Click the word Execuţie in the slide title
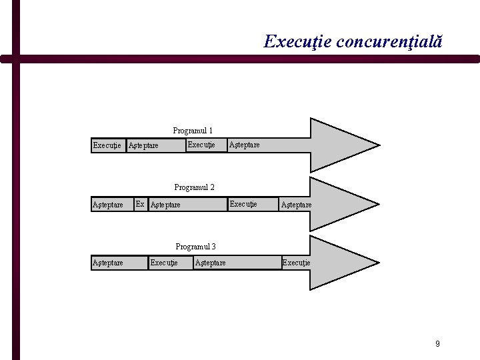tap(297, 42)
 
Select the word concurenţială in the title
tap(389, 42)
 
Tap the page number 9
tap(437, 344)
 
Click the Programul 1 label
tap(193, 131)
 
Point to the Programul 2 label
tap(194, 187)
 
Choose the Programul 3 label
tap(195, 247)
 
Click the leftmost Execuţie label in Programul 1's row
tap(107, 145)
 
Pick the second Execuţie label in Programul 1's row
tap(201, 145)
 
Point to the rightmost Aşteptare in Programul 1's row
tap(244, 145)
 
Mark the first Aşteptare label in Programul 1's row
tap(143, 145)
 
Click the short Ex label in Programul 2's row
tap(140, 204)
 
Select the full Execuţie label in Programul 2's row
tap(243, 203)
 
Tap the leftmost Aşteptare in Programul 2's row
tap(107, 205)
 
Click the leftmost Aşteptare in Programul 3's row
tap(107, 263)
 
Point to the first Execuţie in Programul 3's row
tap(164, 263)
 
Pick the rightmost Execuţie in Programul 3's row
tap(296, 263)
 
